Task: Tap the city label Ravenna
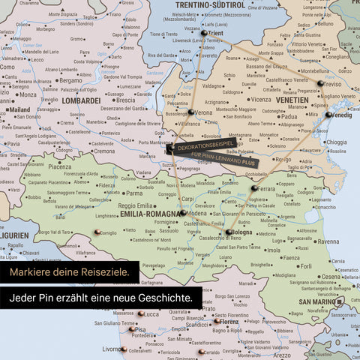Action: (328, 241)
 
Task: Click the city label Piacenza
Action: (60, 166)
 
